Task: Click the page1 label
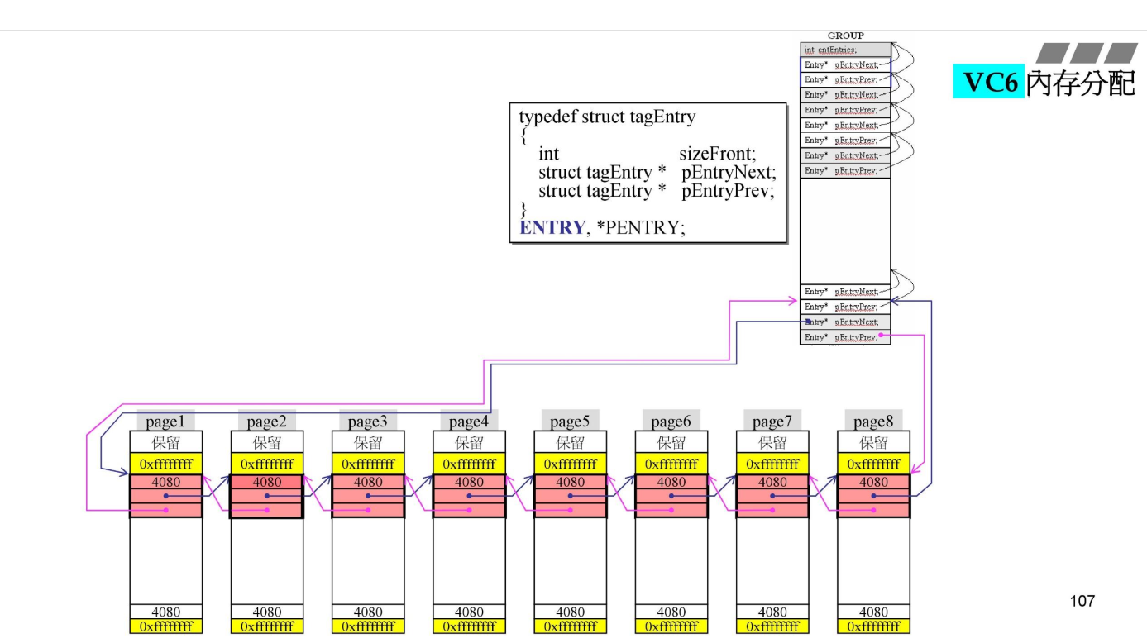165,422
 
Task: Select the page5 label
570,422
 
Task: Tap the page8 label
873,422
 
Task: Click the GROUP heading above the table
845,36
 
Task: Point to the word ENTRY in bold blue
552,227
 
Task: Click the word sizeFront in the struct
717,155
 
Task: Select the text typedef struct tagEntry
607,117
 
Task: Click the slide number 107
1082,601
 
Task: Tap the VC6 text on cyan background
989,83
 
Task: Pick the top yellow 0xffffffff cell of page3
368,464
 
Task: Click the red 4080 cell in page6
671,482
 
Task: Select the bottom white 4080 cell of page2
266,612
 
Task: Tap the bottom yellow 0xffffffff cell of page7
772,626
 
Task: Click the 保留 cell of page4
469,443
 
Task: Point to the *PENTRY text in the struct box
645,227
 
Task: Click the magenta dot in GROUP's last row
882,336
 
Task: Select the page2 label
266,422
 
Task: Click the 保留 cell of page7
772,443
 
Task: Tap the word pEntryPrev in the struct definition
729,191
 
